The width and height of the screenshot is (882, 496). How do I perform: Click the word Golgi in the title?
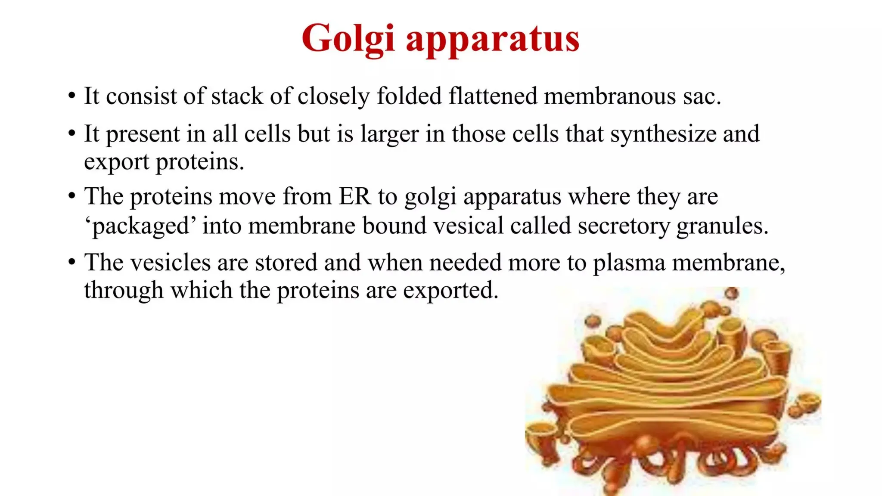pyautogui.click(x=348, y=39)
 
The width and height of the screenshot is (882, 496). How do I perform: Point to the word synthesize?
pyautogui.click(x=663, y=134)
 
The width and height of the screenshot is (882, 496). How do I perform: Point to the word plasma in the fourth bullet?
pyautogui.click(x=629, y=263)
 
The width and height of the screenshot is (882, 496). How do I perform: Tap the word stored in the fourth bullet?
pyautogui.click(x=286, y=262)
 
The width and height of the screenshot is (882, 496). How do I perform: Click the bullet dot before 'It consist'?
pyautogui.click(x=72, y=95)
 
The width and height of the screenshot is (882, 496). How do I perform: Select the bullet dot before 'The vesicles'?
pyautogui.click(x=72, y=262)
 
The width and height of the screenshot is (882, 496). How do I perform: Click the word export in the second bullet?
pyautogui.click(x=116, y=162)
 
